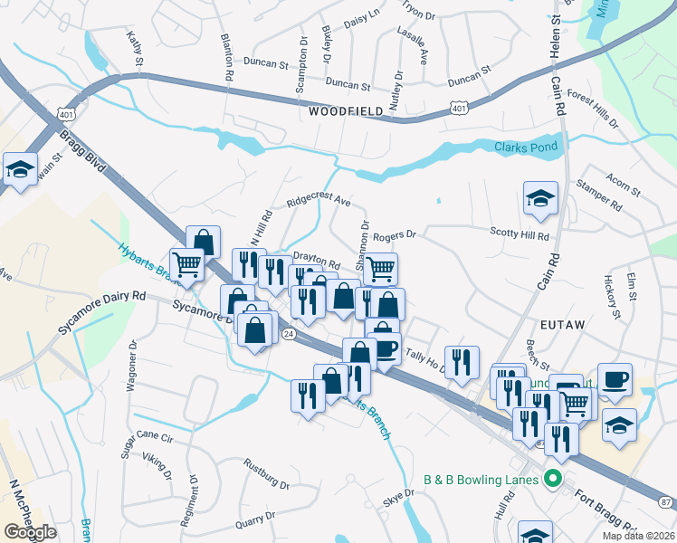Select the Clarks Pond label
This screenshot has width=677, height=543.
[x=525, y=147]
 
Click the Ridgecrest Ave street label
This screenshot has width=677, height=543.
[x=318, y=199]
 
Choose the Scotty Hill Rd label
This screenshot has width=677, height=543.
[x=520, y=235]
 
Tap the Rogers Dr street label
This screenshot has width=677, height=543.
[x=394, y=235]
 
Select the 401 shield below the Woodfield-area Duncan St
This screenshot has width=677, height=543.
[x=460, y=108]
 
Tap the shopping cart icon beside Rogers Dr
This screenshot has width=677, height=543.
[x=381, y=268]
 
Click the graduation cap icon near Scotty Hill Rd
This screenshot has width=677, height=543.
[x=540, y=197]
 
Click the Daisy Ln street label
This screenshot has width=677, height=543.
[x=361, y=18]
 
